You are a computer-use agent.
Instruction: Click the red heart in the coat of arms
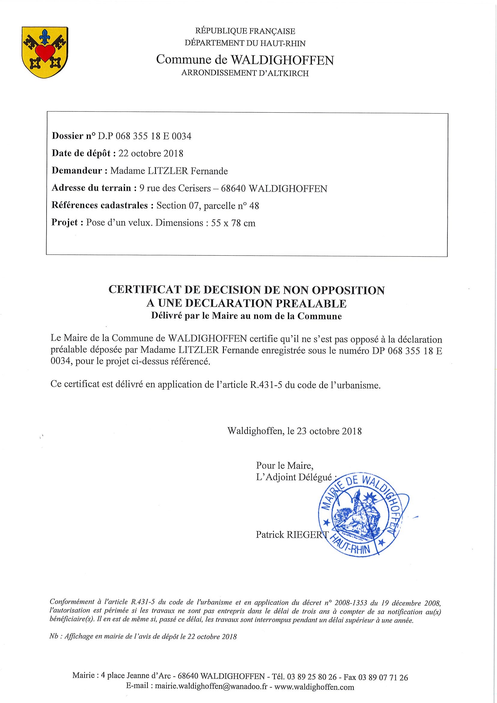pos(45,52)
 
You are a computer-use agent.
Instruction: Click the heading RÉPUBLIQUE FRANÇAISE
pos(245,31)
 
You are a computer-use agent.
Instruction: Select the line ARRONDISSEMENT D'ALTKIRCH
pos(245,73)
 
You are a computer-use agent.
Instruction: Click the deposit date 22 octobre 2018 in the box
pos(151,153)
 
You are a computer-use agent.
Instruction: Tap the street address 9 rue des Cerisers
pos(175,188)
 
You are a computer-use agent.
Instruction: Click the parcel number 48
pos(254,205)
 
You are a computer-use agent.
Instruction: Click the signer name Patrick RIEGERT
pos(292,534)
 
